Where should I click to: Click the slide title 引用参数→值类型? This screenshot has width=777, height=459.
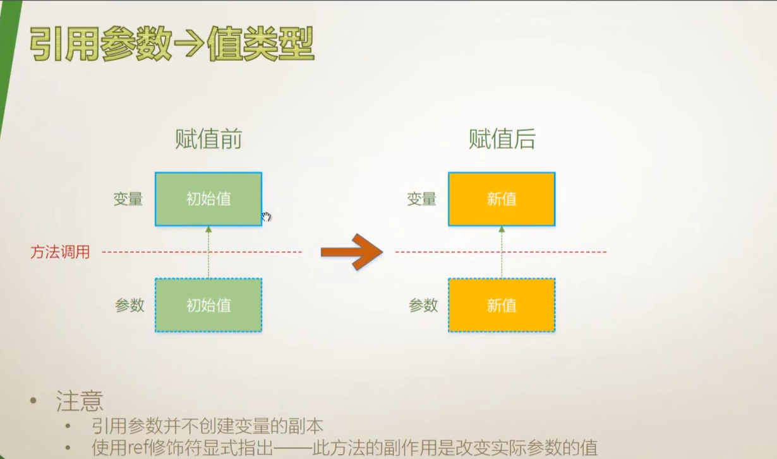click(172, 44)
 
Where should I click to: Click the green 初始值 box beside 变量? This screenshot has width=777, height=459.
click(208, 199)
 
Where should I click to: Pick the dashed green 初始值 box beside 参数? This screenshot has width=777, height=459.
click(208, 305)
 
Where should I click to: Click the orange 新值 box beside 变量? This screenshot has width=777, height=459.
click(502, 199)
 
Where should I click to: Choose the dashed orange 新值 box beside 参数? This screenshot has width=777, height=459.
click(502, 305)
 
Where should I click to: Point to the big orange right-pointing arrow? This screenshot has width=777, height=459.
click(351, 252)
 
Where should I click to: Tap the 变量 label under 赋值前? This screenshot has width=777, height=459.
click(128, 199)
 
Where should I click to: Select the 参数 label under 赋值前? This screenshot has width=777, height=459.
click(129, 305)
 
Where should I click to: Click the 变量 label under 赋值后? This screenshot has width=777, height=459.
click(422, 199)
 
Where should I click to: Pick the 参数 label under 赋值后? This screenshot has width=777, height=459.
click(423, 305)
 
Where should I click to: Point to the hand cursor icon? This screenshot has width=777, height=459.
click(267, 217)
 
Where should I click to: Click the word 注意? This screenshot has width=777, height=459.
click(80, 400)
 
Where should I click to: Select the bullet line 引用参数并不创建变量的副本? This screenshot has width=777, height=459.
click(207, 426)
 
